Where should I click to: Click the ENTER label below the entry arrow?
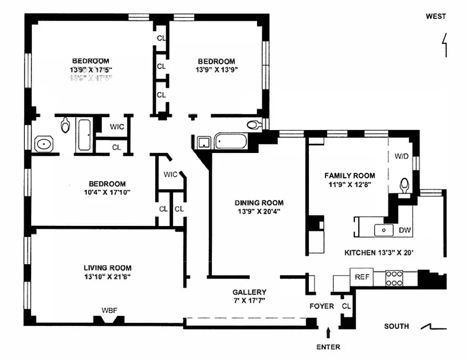[328, 347]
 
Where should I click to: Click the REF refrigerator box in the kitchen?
[361, 277]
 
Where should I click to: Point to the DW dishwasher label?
[405, 230]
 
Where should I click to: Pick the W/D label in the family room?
[401, 157]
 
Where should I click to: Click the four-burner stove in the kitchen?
[394, 278]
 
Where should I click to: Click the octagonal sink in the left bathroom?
[44, 144]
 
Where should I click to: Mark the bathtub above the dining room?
[231, 142]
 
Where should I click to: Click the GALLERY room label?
[249, 292]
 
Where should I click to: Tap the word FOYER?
[321, 306]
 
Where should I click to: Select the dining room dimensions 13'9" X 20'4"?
[259, 211]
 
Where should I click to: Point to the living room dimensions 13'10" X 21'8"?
[107, 276]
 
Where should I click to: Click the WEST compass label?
[435, 16]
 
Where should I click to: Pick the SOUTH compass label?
[396, 326]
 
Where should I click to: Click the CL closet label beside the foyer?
[346, 306]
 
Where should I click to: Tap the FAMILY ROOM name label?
[349, 175]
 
